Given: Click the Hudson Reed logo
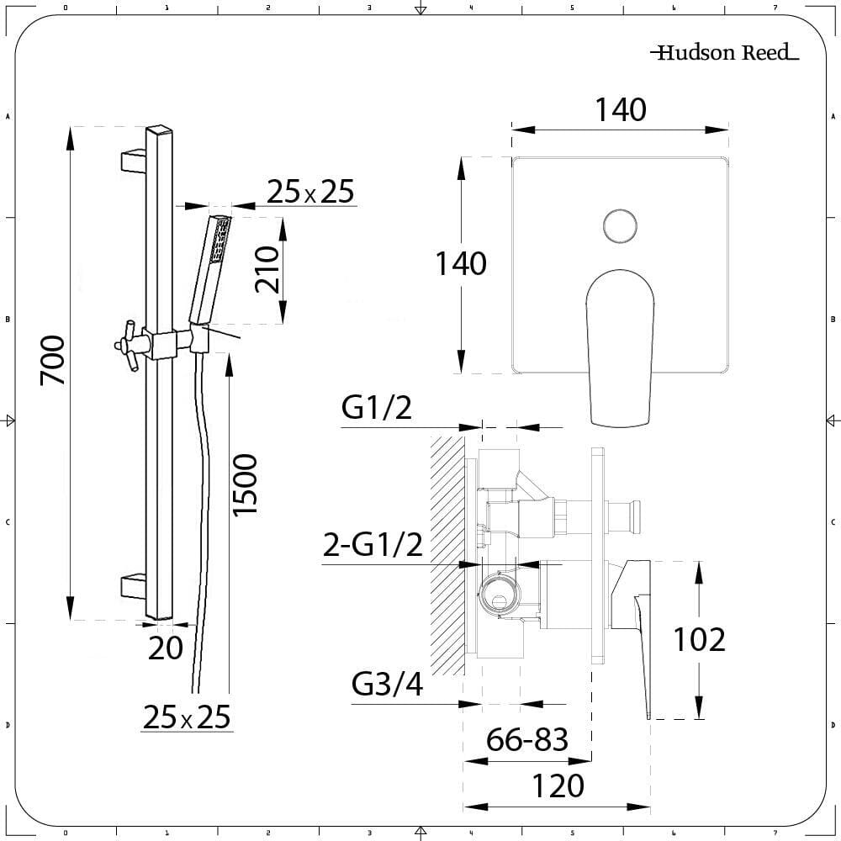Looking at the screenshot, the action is pos(725,52).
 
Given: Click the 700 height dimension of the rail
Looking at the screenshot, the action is pos(52,361).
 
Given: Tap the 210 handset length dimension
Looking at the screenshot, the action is pos(267,270).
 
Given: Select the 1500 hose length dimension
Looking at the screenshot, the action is pos(245,485).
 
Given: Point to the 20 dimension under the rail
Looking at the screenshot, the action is pos(165,648).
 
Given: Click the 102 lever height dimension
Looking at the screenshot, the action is pos(699,639).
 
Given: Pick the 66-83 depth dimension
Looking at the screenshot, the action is pos(526,739).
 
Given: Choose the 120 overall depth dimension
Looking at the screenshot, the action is pos(558,786).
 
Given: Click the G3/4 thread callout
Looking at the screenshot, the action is pos(387,685).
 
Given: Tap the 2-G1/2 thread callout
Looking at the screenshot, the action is pos(373,545).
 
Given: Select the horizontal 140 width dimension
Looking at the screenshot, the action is pos(621,109).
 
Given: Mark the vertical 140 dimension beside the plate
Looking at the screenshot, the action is pos(461,264).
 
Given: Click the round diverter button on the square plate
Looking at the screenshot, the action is pos(620,225).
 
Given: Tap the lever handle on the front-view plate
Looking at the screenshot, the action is pos(620,348).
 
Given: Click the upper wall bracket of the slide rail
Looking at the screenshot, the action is pos(133,161).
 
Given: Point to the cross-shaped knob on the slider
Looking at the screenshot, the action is pos(129,346).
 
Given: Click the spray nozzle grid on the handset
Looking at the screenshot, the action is pos(221,241).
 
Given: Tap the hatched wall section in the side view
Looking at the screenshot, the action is pos(447,555).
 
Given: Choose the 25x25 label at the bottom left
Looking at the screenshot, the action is pos(187,717).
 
